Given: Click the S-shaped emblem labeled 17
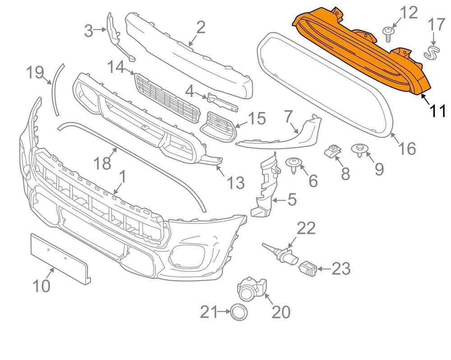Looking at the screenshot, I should tap(432, 52).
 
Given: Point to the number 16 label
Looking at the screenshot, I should tap(407, 148).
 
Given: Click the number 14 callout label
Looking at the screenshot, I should tap(116, 68).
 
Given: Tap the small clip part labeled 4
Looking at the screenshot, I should tap(221, 101).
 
